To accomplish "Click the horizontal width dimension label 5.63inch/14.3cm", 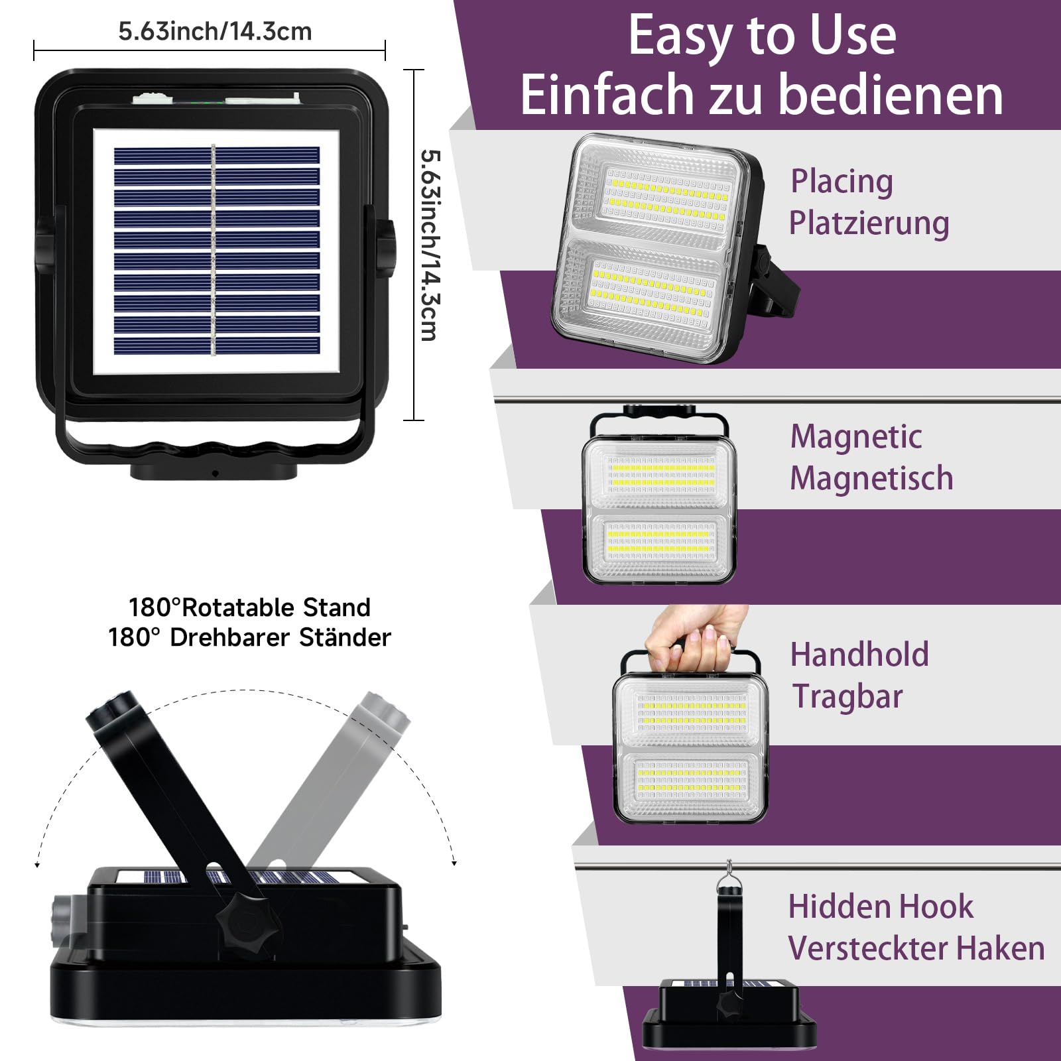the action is click(215, 31).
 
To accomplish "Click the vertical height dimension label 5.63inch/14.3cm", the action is click(430, 245).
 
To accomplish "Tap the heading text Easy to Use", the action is click(762, 36).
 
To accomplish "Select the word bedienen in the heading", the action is click(891, 94).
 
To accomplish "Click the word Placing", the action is click(842, 182).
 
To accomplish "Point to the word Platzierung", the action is click(869, 223).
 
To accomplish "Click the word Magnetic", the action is click(856, 437).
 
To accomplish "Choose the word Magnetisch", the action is click(871, 478).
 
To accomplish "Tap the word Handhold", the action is click(859, 655).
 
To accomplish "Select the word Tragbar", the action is click(847, 696).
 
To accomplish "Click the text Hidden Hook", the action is click(881, 906).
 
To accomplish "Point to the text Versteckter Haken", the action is click(916, 948).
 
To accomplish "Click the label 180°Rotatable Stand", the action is click(249, 607).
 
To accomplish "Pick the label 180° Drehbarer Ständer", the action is click(249, 637).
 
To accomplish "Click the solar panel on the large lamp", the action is click(216, 251).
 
